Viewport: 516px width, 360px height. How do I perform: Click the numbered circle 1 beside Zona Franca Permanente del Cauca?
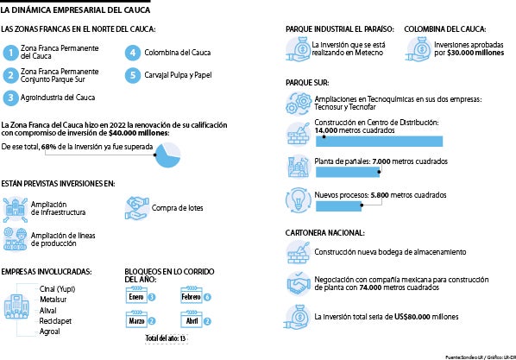coord(10,54)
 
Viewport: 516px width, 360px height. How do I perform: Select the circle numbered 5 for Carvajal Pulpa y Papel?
coord(132,76)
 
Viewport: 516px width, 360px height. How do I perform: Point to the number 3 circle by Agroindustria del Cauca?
coord(10,98)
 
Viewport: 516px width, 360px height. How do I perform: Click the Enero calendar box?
coord(135,297)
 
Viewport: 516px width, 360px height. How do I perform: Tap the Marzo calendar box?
coord(135,320)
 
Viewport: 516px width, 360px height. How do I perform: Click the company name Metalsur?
coord(54,300)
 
